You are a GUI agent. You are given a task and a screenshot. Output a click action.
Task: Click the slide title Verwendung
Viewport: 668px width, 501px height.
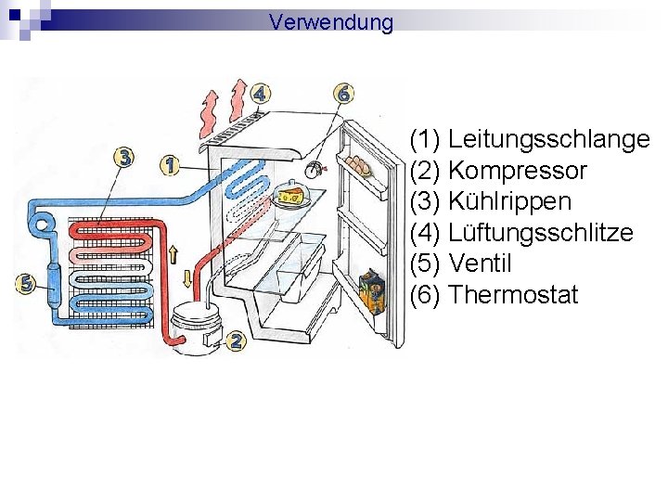point(331,21)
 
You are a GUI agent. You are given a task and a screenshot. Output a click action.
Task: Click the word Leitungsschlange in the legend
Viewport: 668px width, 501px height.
point(548,140)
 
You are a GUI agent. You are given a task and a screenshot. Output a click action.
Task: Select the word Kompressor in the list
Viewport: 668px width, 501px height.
point(517,171)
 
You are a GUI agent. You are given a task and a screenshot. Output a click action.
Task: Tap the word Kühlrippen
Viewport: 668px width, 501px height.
point(509,201)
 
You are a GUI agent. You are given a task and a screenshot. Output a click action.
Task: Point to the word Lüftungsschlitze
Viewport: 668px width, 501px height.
point(540,233)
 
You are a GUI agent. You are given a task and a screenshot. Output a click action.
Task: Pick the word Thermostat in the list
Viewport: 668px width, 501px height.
point(512,295)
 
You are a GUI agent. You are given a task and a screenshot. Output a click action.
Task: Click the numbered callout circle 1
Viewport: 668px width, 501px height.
point(169,165)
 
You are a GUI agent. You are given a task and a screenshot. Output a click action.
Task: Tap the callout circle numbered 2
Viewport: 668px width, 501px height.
point(236,341)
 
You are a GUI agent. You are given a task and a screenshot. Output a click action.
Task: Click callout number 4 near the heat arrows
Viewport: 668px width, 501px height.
point(261,93)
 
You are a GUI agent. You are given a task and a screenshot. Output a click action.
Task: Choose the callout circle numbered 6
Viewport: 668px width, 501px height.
point(344,93)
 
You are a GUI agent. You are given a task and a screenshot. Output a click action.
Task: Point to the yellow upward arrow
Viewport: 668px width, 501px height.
point(173,253)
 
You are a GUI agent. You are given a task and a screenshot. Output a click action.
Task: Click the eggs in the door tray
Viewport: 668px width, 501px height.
point(358,166)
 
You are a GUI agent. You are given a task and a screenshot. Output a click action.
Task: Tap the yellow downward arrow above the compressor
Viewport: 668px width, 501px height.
point(188,277)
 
